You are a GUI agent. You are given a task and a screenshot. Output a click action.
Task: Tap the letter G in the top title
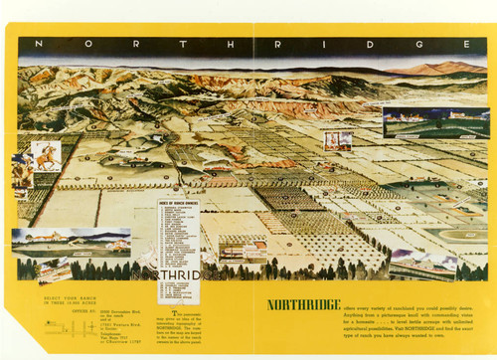[x=405, y=44]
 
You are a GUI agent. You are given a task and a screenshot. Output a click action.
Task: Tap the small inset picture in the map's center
[x=338, y=140]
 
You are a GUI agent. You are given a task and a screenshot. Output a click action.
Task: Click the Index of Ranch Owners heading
[x=178, y=203]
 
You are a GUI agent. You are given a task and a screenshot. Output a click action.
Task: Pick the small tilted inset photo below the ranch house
[x=55, y=269]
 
